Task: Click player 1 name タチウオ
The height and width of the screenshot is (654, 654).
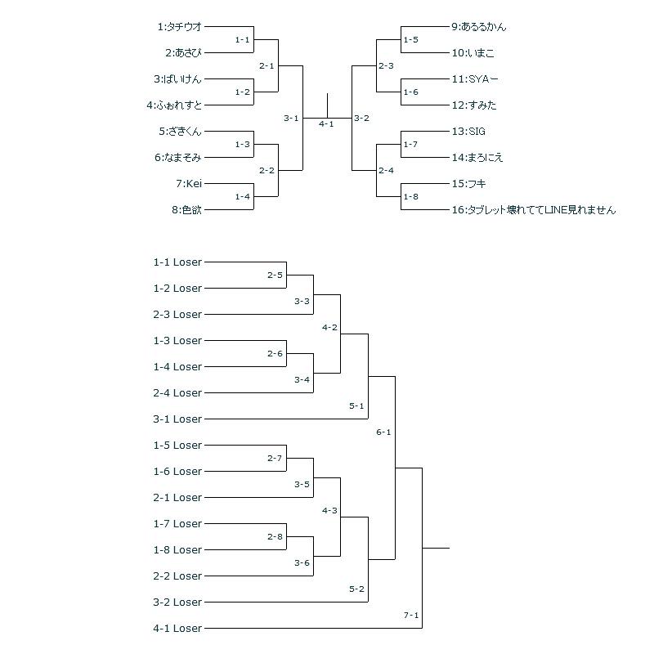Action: click(x=180, y=27)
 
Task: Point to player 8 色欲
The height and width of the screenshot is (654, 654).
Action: click(x=186, y=210)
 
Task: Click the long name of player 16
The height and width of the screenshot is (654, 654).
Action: click(x=533, y=210)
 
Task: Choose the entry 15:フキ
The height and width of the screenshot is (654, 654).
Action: click(x=468, y=184)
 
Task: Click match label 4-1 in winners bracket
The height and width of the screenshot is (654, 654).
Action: click(x=326, y=124)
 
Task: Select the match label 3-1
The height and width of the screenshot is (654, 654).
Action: click(x=291, y=119)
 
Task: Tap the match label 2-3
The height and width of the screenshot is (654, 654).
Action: click(x=386, y=66)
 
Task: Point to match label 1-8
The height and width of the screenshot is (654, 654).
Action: click(x=410, y=197)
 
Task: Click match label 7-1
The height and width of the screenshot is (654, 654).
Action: click(x=410, y=615)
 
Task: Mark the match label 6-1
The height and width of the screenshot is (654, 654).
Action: click(x=383, y=432)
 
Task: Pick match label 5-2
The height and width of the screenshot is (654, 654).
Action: click(x=356, y=589)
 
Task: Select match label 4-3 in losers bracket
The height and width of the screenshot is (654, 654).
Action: click(x=329, y=510)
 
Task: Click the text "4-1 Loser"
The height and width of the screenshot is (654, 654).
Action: click(x=177, y=629)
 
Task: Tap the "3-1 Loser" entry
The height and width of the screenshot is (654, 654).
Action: click(x=177, y=419)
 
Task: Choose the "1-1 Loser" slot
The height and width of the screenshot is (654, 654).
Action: click(x=177, y=262)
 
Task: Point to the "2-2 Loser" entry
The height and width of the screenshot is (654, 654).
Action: click(x=177, y=576)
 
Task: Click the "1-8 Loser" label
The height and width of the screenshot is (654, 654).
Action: click(x=177, y=550)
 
